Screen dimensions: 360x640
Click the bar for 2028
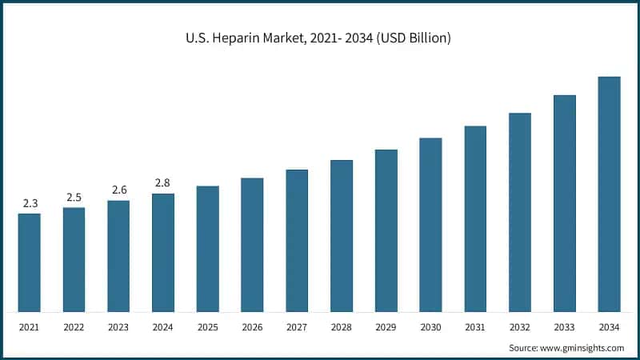(x=342, y=235)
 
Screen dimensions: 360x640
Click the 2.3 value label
(x=30, y=203)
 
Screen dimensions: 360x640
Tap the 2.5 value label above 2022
(x=74, y=197)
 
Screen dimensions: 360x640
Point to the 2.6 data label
(x=118, y=190)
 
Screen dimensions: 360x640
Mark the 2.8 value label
(x=163, y=183)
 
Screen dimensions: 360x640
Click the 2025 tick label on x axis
(x=208, y=326)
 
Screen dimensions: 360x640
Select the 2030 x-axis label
(x=430, y=326)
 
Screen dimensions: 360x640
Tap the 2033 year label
(x=564, y=326)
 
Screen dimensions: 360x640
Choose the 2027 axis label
(x=297, y=326)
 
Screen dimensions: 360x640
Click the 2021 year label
(x=30, y=326)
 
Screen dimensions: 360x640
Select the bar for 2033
(x=564, y=203)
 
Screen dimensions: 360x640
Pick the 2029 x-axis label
(x=386, y=326)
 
